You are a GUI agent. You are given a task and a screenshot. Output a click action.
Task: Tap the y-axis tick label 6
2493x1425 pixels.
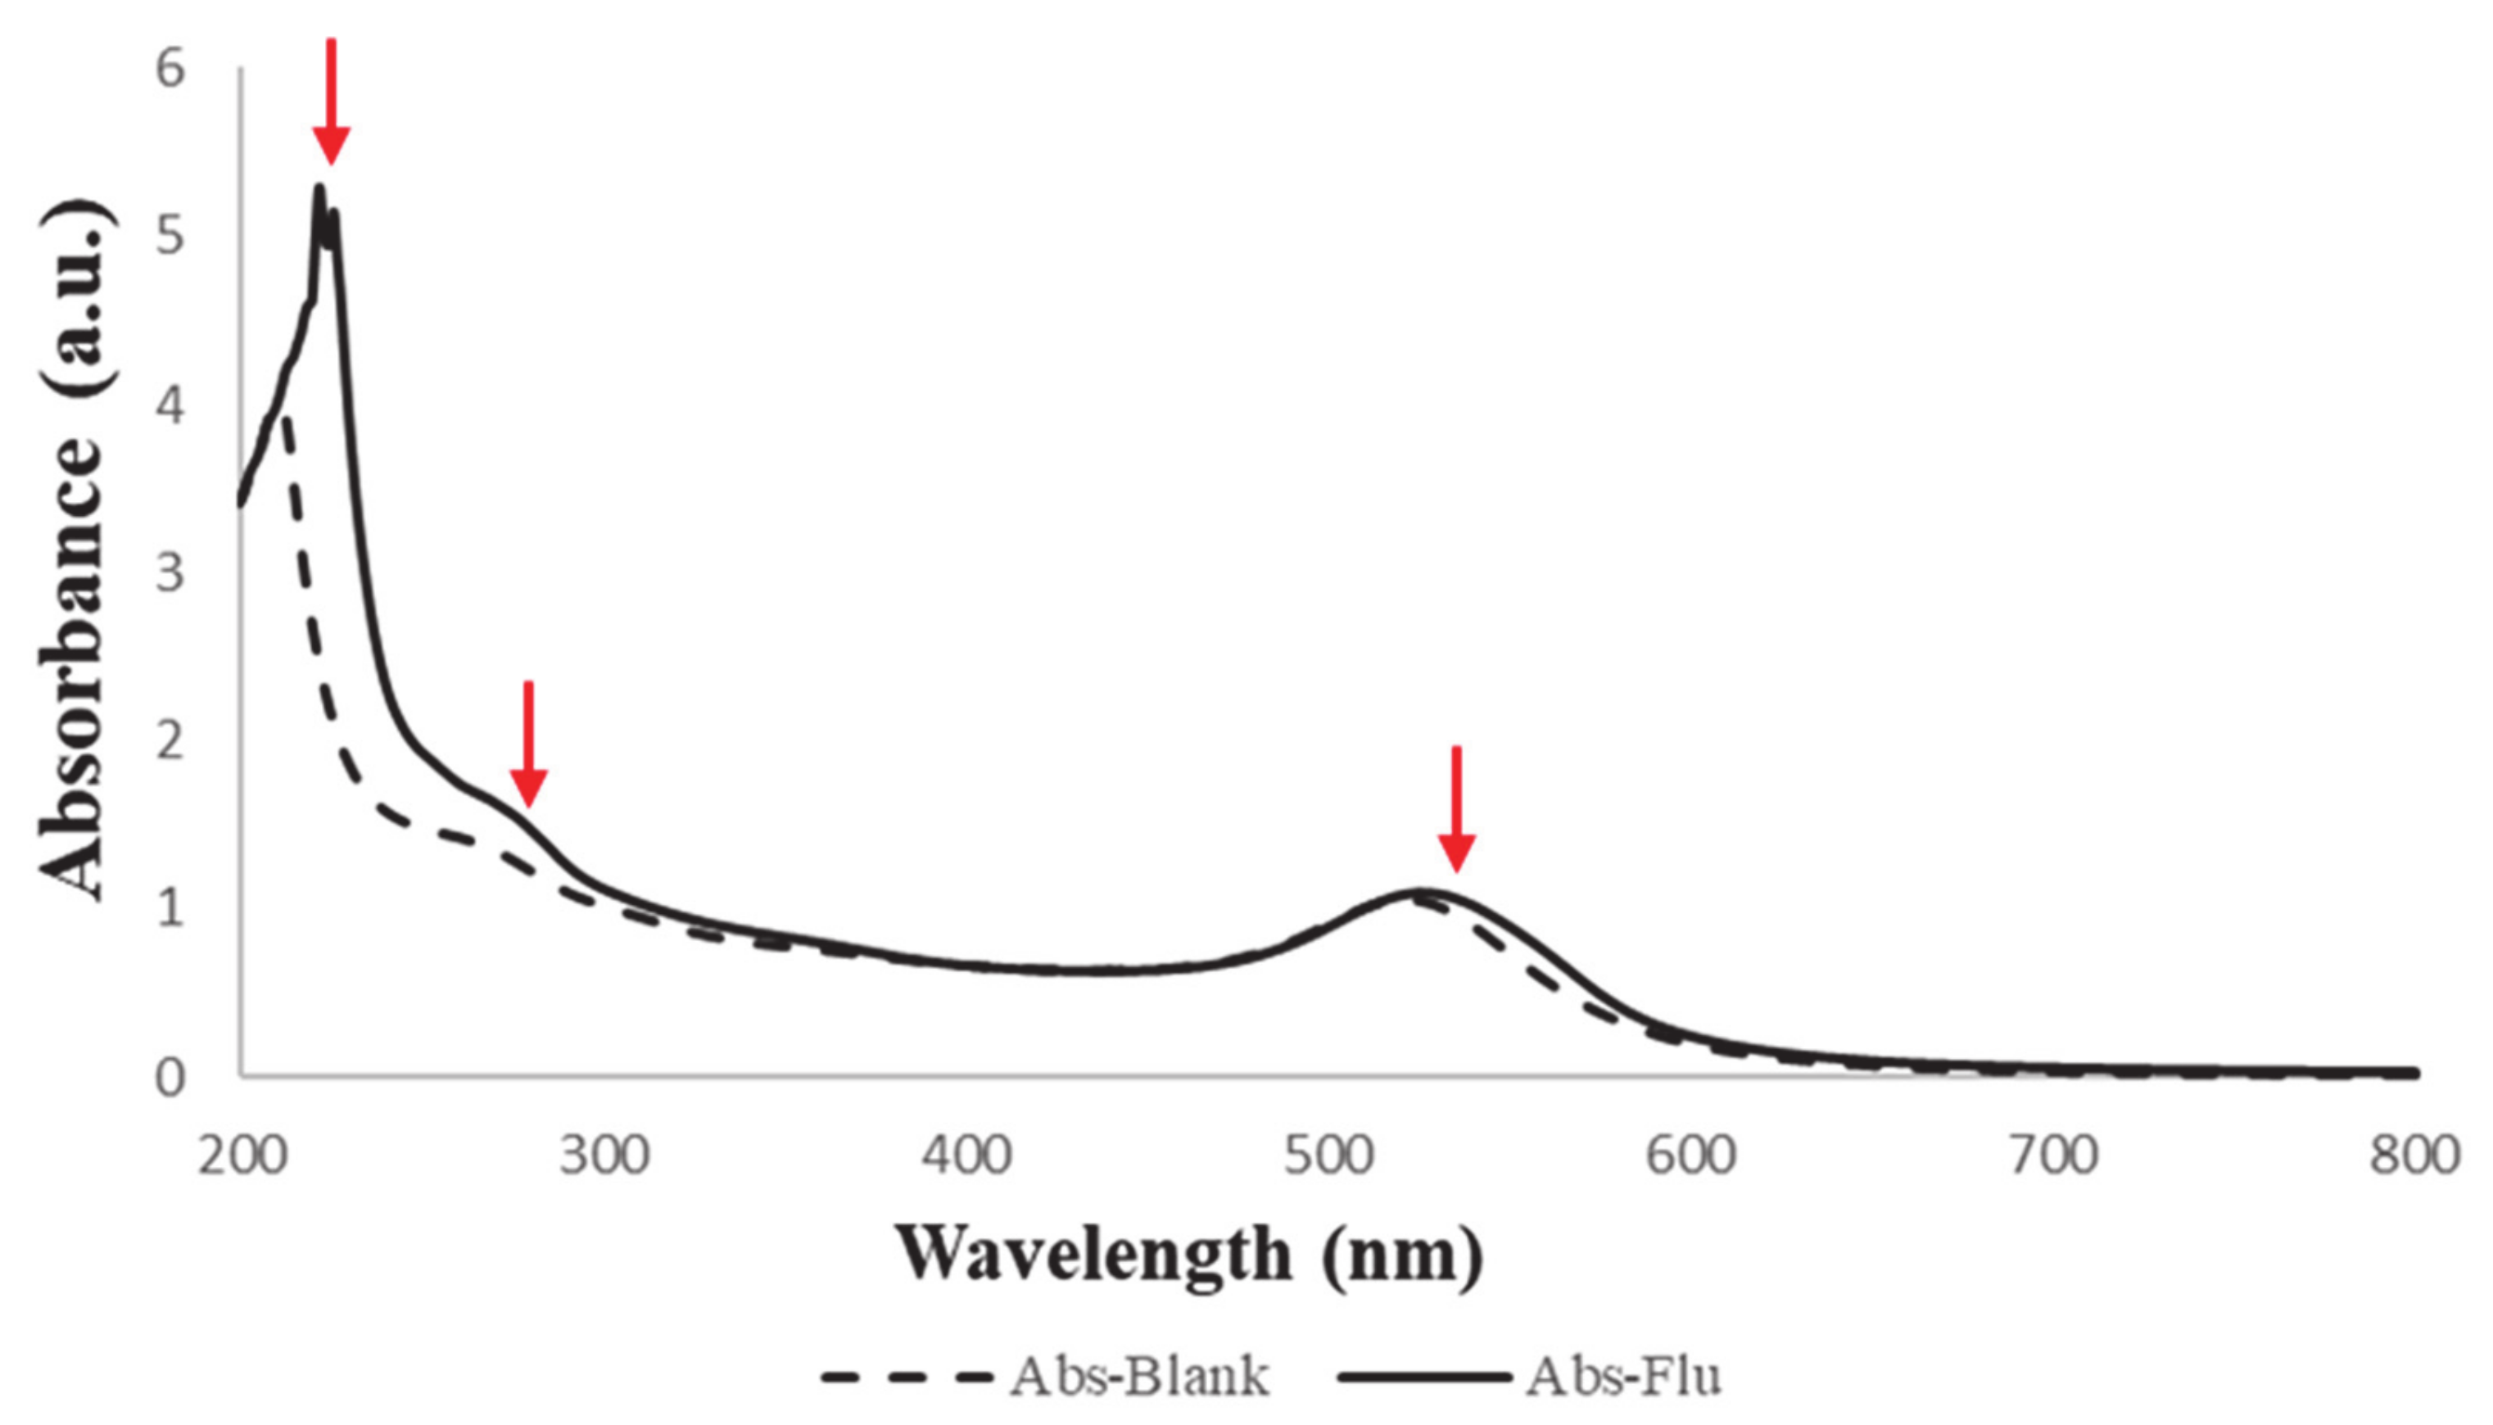170,70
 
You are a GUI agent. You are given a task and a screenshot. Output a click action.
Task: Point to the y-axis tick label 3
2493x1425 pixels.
170,572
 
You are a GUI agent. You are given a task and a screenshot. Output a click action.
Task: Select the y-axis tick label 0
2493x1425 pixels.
170,1077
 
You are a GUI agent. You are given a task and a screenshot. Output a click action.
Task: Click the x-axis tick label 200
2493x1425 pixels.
242,1156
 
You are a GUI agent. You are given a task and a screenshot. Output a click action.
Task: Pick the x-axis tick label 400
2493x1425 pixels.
966,1156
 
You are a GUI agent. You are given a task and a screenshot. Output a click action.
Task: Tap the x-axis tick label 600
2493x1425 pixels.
1690,1156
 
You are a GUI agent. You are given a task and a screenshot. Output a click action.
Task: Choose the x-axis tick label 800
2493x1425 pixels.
2414,1156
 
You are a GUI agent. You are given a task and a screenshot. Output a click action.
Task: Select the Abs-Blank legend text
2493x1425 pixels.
1141,1377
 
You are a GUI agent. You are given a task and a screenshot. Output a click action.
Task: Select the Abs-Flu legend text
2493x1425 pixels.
1624,1377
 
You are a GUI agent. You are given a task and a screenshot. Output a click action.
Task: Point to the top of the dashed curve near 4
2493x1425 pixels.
287,418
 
